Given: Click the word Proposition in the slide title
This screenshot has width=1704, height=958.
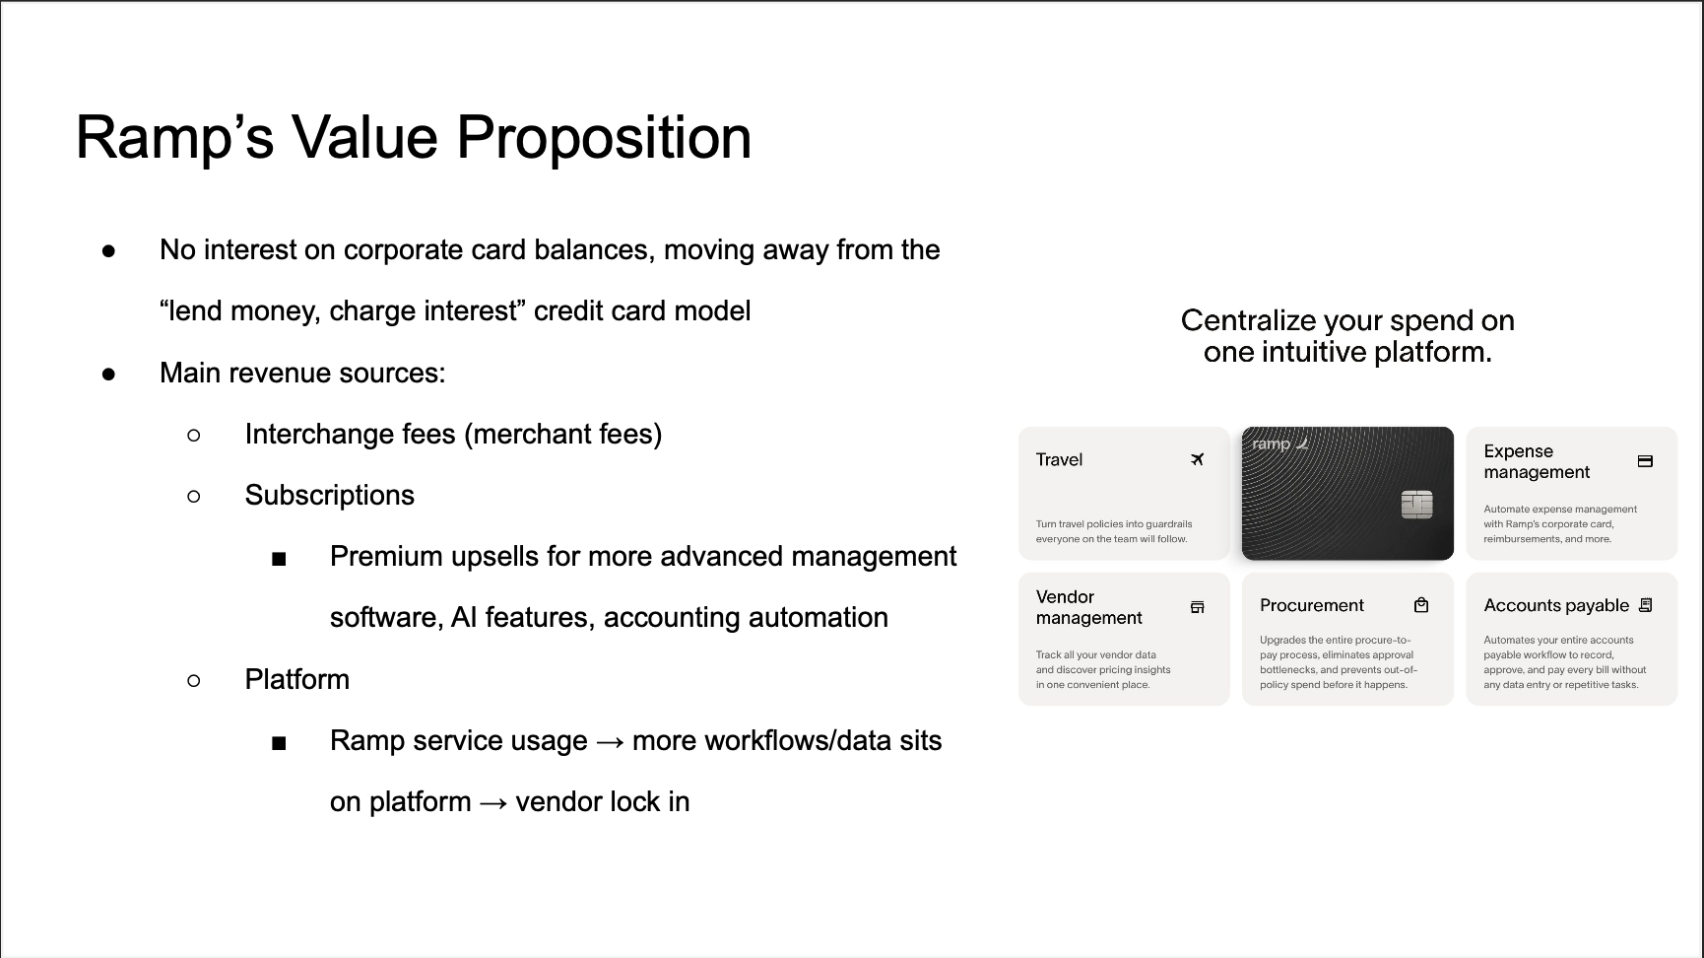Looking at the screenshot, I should click(x=604, y=137).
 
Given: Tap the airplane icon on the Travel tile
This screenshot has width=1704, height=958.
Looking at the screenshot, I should click(x=1197, y=459).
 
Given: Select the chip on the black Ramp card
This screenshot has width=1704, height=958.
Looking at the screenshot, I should click(x=1416, y=505).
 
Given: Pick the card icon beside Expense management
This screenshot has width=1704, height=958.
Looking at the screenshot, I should click(x=1645, y=461).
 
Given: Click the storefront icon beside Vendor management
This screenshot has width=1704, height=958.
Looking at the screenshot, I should click(x=1197, y=607).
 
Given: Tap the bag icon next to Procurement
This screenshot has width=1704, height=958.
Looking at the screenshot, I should click(x=1421, y=605).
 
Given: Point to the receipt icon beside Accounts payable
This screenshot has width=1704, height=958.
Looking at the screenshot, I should click(x=1645, y=605).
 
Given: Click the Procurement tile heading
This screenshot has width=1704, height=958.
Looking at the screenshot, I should click(x=1311, y=605).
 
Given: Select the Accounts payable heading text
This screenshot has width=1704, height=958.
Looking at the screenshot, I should click(x=1555, y=605).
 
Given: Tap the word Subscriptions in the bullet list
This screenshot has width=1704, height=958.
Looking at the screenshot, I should click(x=329, y=495).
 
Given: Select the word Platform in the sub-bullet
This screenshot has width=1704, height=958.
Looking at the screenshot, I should click(x=296, y=679).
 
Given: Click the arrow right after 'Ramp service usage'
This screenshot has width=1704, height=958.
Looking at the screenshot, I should click(x=610, y=741).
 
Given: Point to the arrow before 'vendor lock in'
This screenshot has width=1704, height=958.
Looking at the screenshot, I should click(x=493, y=802).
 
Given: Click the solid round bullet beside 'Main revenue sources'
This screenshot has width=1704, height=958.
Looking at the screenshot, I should click(x=108, y=374).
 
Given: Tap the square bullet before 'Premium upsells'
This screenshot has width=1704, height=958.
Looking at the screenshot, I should click(x=279, y=559).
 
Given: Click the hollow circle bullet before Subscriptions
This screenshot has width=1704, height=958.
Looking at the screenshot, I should click(x=194, y=496).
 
